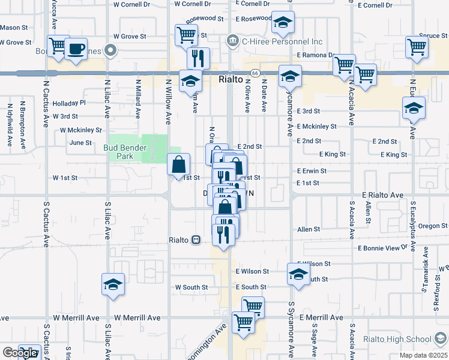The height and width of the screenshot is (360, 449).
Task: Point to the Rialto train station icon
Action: (x=196, y=240)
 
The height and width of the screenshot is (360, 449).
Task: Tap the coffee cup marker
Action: (x=76, y=49)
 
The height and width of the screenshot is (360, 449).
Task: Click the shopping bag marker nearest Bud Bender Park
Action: (x=179, y=164)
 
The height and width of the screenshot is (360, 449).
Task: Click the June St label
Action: (x=80, y=143)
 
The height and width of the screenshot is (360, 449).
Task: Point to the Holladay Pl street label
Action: (x=70, y=103)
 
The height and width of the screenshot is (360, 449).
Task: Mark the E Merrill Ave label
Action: (x=322, y=317)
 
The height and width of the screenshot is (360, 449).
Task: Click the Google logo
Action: (x=20, y=353)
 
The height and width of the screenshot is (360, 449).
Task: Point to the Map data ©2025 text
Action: (x=424, y=355)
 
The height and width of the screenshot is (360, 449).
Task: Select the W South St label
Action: (x=191, y=287)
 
